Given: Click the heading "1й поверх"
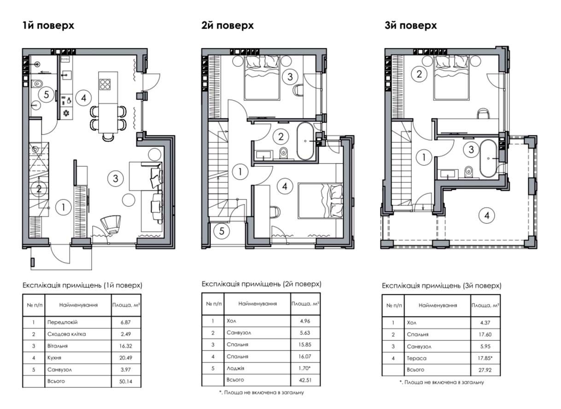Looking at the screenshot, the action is (48, 25).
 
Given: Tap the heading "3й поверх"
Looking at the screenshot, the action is (411, 25).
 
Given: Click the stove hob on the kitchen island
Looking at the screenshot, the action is (105, 84).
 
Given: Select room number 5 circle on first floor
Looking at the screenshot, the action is (47, 95).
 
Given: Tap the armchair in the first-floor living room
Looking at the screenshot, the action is (111, 225).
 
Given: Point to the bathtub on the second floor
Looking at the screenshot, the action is (305, 141).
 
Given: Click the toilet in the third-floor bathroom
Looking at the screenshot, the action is (468, 172).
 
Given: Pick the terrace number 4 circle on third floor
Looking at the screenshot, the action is (487, 216).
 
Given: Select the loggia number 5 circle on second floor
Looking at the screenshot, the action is (222, 231).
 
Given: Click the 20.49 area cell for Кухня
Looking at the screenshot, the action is (126, 358).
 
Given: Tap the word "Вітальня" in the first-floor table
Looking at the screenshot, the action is (58, 346).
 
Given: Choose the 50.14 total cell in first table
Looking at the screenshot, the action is (126, 381).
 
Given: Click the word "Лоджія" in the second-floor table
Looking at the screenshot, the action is (235, 368).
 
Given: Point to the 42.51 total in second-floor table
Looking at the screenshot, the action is (305, 380).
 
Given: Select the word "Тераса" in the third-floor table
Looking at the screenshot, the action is (416, 358).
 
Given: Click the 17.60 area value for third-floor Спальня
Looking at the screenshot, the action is (485, 334).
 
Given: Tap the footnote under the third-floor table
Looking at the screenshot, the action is (442, 382).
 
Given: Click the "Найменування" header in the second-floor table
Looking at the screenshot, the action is (257, 304).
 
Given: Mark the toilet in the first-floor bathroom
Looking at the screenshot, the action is (37, 83).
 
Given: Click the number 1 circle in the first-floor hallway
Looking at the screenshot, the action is (64, 207).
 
